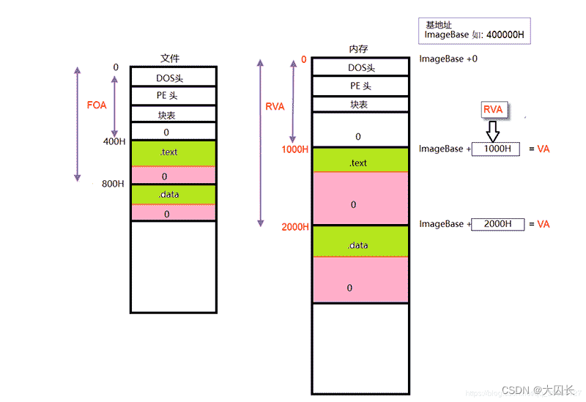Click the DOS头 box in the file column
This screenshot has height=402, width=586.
pyautogui.click(x=173, y=77)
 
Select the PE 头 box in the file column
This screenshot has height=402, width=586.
pyautogui.click(x=173, y=96)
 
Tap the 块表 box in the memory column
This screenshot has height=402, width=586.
pyautogui.click(x=359, y=104)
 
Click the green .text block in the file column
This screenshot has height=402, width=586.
pyautogui.click(x=173, y=153)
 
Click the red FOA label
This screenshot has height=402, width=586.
pyautogui.click(x=97, y=105)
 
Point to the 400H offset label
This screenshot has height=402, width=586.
pyautogui.click(x=114, y=142)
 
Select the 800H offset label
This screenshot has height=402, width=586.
pyautogui.click(x=113, y=184)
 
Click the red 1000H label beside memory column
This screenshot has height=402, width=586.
pyautogui.click(x=295, y=150)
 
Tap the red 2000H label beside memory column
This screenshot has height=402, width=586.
pyautogui.click(x=295, y=227)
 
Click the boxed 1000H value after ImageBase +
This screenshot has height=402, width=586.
pyautogui.click(x=496, y=149)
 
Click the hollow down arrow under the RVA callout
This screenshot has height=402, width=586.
pyautogui.click(x=493, y=131)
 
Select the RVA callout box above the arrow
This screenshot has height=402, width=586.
pyautogui.click(x=494, y=110)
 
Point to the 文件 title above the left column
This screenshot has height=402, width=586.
pyautogui.click(x=170, y=58)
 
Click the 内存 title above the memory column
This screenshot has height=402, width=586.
pyautogui.click(x=358, y=50)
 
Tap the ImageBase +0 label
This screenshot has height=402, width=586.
pyautogui.click(x=448, y=59)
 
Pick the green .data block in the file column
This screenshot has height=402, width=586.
pyautogui.click(x=173, y=195)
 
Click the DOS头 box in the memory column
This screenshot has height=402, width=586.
pyautogui.click(x=359, y=67)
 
